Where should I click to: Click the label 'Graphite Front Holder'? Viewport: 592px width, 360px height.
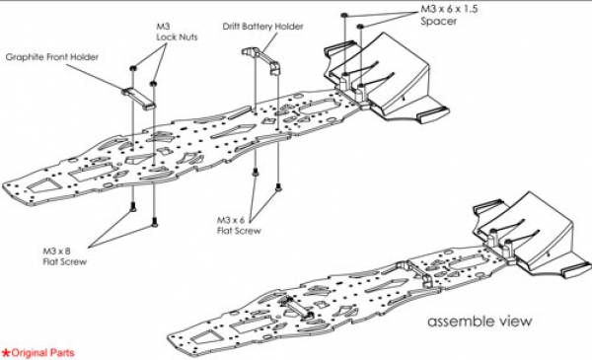pos(51,57)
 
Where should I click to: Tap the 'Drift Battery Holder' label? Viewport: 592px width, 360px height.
pos(262,27)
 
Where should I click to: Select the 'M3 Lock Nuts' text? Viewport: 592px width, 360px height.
pos(177,33)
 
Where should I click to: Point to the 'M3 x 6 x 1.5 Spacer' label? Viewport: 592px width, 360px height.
pos(449,15)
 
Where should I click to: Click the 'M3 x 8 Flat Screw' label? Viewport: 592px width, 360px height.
pos(64,256)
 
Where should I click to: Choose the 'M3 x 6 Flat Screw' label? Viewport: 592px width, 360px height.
pos(239,225)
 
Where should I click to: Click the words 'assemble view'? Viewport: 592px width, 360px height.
pos(480,322)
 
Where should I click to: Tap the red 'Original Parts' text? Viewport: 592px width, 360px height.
pos(42,353)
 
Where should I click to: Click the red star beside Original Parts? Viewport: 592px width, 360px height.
pos(6,353)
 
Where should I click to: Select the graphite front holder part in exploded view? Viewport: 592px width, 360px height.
pos(138,98)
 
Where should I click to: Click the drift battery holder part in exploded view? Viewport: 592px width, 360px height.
pos(260,59)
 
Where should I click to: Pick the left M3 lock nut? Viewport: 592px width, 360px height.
pos(133,68)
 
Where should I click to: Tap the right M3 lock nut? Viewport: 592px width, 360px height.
pos(153,83)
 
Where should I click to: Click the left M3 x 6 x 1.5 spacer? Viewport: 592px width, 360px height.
pos(344,15)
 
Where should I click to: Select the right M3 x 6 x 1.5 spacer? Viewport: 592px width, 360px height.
pos(360,26)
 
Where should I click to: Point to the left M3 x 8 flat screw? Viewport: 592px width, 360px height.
pos(133,206)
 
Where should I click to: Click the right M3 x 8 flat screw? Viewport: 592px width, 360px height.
pos(154,222)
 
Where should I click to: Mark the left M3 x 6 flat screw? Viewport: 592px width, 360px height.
pos(256,173)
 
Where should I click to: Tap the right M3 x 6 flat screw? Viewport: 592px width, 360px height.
pos(278,186)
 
